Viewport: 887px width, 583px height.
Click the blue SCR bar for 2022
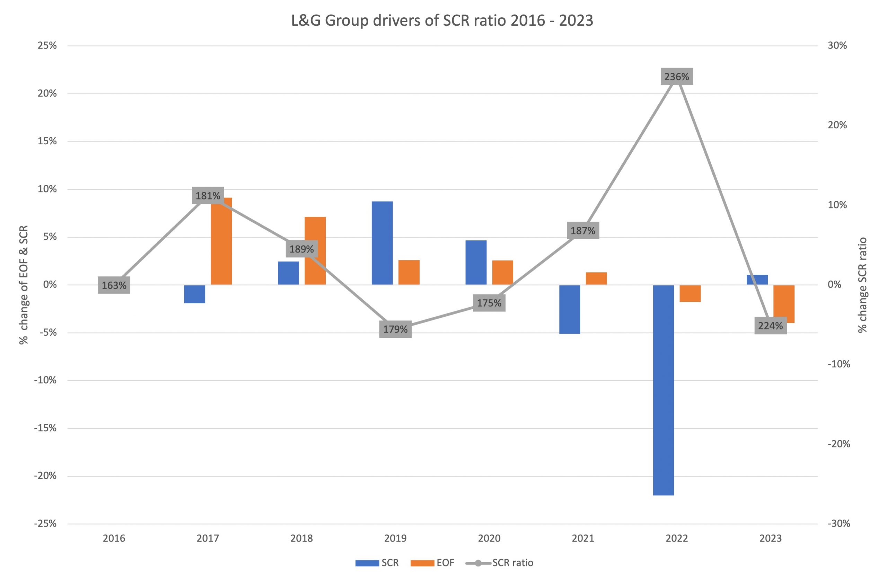click(664, 390)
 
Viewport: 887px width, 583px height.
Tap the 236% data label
click(676, 76)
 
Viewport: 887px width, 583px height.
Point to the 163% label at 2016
click(114, 285)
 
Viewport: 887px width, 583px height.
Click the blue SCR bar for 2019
click(382, 243)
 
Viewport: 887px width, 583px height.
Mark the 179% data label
click(395, 329)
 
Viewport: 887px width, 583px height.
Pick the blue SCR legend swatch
click(367, 563)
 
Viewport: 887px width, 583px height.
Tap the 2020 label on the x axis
click(489, 538)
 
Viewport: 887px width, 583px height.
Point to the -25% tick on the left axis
click(45, 523)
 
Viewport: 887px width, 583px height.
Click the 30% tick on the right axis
click(837, 45)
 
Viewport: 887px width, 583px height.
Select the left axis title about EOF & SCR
click(24, 285)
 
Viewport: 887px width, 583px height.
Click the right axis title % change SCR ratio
click(862, 285)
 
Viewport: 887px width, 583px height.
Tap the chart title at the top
click(442, 20)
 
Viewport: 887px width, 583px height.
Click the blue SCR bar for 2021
click(570, 309)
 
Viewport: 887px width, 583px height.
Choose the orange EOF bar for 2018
click(315, 251)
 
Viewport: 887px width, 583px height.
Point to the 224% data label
click(770, 326)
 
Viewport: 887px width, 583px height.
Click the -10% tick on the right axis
click(838, 364)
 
